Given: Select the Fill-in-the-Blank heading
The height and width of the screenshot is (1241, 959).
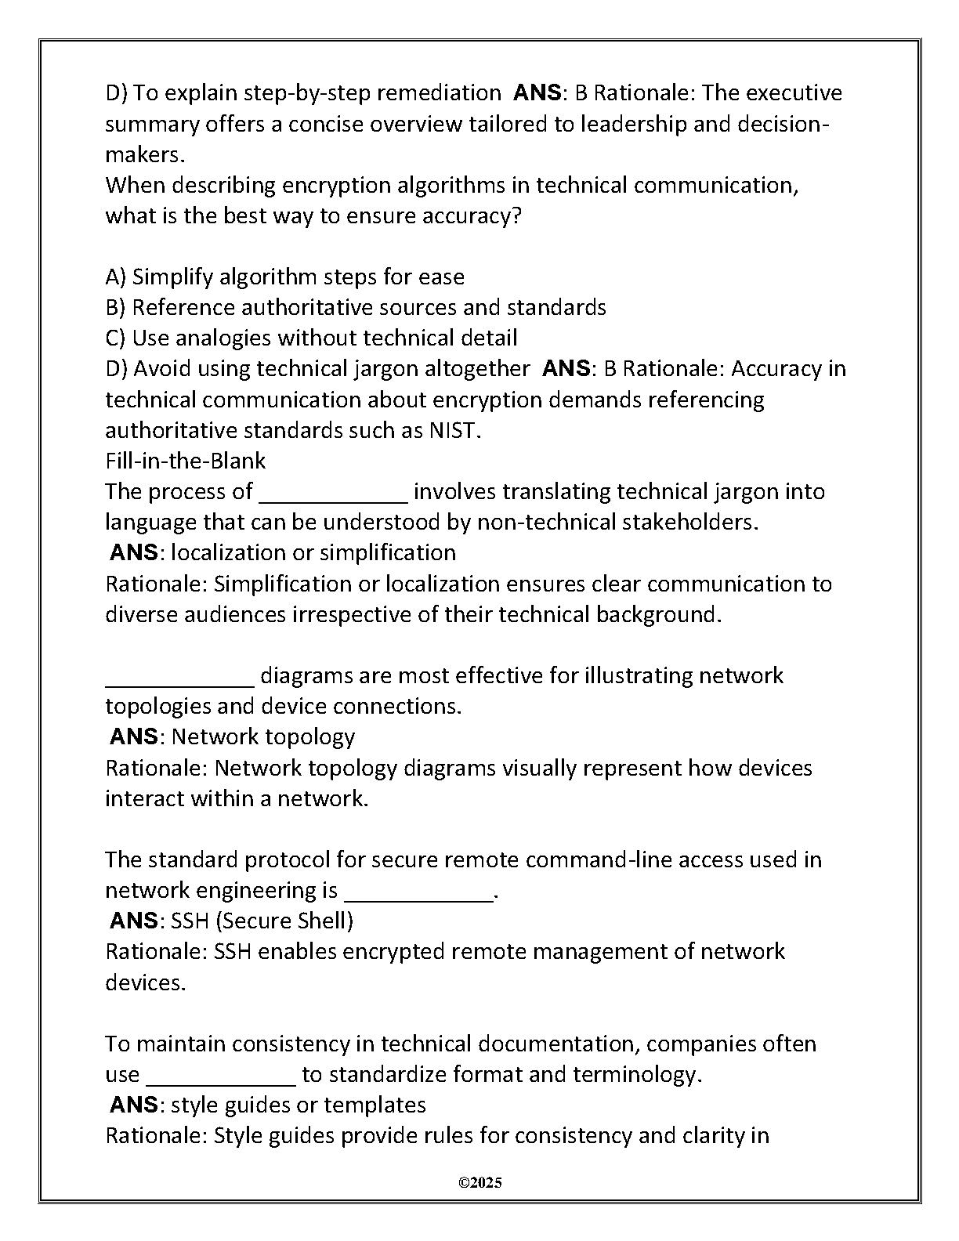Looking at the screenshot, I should [x=185, y=461].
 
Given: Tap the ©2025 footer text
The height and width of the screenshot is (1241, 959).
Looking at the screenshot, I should [x=479, y=1182].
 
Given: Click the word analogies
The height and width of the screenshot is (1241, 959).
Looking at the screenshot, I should [x=223, y=338].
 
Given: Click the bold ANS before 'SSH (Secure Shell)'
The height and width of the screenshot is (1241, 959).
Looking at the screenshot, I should [x=134, y=921].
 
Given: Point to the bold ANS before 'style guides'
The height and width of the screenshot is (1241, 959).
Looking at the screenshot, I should [x=134, y=1105].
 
